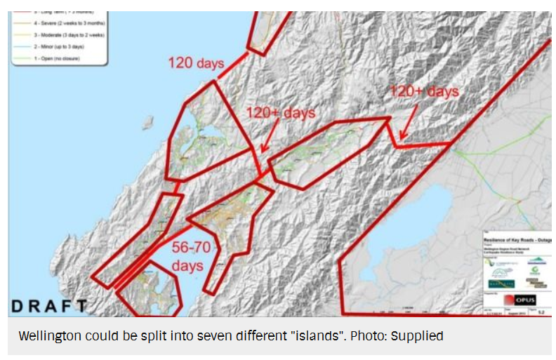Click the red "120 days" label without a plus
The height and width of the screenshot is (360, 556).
(196, 63)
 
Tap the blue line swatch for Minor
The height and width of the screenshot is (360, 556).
(20, 46)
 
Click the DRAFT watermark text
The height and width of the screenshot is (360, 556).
(49, 306)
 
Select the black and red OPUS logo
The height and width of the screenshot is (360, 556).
(518, 299)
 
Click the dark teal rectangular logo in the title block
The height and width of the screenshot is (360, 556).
(501, 284)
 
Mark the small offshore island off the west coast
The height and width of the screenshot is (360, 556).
(147, 124)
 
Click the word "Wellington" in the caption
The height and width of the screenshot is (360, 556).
(50, 336)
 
